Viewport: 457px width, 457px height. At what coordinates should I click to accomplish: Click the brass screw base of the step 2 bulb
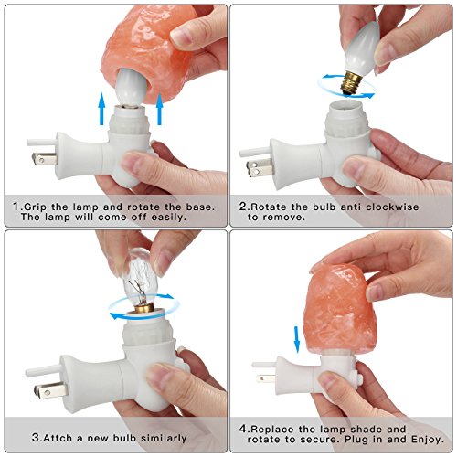[351, 84]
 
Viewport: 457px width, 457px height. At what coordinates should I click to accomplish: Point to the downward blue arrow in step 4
[297, 340]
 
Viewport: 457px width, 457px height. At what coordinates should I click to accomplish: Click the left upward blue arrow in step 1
[101, 110]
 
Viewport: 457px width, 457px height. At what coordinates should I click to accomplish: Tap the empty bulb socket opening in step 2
[346, 104]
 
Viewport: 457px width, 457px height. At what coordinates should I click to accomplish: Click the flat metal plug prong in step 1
[45, 158]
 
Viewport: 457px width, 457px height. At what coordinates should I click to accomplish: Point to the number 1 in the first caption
[16, 207]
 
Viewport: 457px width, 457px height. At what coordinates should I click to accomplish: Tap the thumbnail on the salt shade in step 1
[181, 38]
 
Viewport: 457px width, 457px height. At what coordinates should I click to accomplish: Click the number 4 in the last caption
[243, 429]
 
